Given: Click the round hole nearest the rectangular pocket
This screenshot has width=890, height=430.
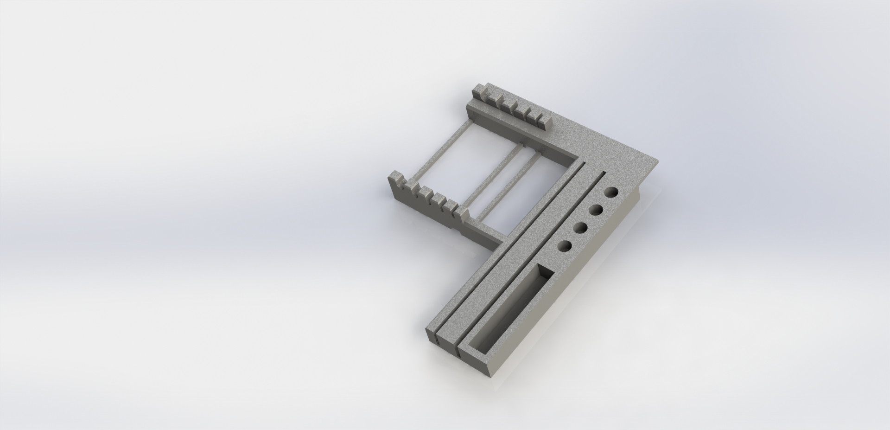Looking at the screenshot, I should pyautogui.click(x=564, y=247).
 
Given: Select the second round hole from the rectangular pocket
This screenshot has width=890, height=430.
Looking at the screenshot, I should pyautogui.click(x=580, y=228).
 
